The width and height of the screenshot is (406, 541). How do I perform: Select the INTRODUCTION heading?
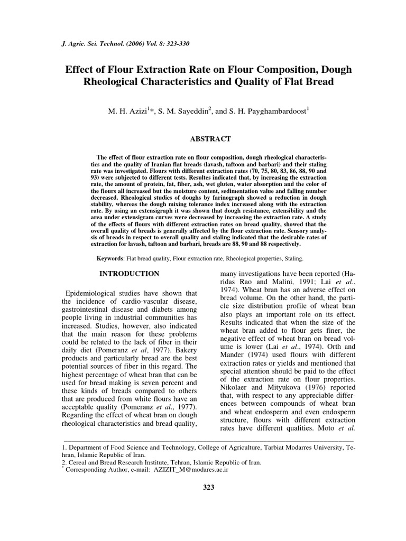(x=130, y=274)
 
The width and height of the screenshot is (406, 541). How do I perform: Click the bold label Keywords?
(x=109, y=259)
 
